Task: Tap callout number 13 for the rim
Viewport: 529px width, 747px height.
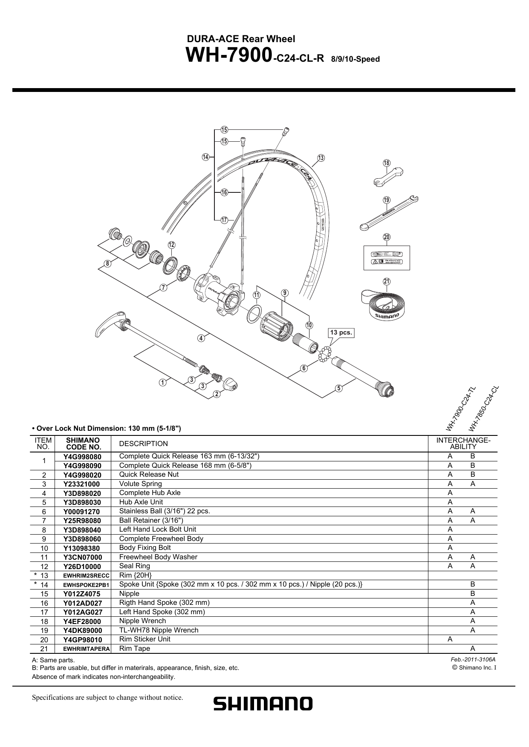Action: [321, 158]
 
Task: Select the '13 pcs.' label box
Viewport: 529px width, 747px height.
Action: [341, 333]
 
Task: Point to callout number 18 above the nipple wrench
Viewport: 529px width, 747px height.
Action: [387, 163]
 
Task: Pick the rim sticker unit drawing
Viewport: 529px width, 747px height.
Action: [387, 258]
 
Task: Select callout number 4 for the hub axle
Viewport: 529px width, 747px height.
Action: [201, 338]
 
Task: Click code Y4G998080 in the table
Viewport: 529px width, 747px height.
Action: [82, 457]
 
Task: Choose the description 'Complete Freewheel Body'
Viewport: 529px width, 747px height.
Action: [161, 538]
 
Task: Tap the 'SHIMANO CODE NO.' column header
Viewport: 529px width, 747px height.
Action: [83, 444]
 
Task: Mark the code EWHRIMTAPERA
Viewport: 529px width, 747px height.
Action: [87, 649]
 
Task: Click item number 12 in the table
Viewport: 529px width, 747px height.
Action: [44, 567]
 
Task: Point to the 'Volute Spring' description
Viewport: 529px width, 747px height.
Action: [141, 484]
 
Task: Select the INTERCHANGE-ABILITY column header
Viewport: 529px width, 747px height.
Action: [463, 444]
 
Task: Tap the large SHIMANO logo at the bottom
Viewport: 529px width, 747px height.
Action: [263, 703]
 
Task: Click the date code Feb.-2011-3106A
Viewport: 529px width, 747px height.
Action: [473, 659]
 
